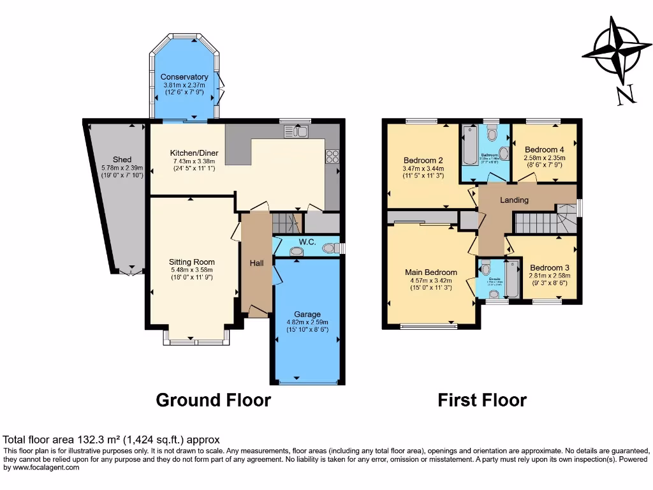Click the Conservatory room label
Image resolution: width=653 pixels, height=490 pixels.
click(184, 77)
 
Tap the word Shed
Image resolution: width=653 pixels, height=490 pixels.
click(122, 160)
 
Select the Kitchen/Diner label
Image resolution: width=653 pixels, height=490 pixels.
click(193, 153)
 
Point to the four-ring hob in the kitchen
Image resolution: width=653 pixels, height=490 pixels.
click(332, 156)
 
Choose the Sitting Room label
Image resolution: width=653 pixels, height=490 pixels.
click(191, 262)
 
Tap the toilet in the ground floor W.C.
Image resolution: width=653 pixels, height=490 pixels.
click(329, 248)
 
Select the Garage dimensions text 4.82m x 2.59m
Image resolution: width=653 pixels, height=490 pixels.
click(307, 322)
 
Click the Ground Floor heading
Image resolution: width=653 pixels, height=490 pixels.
click(214, 400)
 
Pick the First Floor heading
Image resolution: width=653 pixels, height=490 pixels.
click(481, 400)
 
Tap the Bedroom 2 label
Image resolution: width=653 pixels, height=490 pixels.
click(423, 160)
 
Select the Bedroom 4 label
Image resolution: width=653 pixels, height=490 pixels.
click(544, 149)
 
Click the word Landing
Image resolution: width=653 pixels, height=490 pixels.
click(514, 200)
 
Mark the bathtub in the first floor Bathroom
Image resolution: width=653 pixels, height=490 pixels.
click(469, 146)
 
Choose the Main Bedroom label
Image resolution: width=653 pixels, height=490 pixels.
click(431, 272)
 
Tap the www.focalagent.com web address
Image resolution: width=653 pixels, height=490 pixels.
click(41, 468)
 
